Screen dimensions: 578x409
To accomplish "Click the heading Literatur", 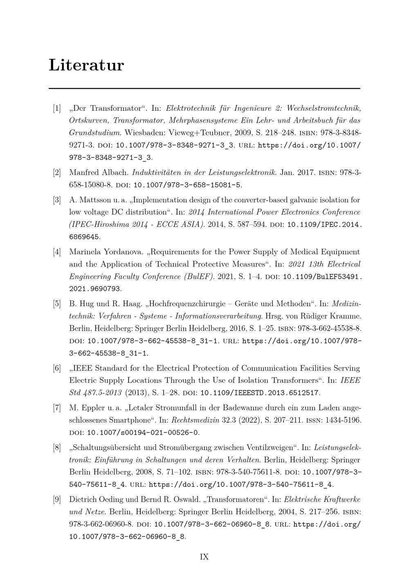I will click(x=86, y=65).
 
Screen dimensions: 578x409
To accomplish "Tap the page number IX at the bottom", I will click(x=204, y=557).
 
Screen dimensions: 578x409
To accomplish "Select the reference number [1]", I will click(x=57, y=108).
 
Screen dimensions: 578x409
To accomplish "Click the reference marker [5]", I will click(x=57, y=304).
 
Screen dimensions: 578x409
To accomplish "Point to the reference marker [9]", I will click(x=57, y=500).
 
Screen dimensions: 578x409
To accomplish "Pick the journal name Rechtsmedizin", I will click(x=192, y=420).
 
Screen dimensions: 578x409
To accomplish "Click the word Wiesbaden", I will click(x=143, y=133).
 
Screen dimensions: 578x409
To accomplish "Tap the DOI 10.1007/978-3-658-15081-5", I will click(x=187, y=185).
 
